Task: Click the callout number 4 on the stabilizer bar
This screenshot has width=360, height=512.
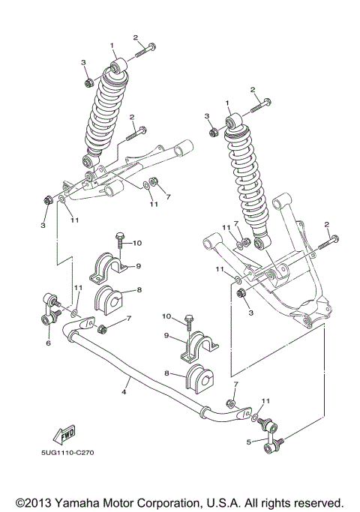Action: (x=124, y=392)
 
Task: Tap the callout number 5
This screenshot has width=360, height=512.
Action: (x=249, y=442)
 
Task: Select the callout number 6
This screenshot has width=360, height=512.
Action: (x=48, y=343)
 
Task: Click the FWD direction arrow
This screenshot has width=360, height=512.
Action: (x=64, y=434)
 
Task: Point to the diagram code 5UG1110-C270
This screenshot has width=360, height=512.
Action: (x=67, y=453)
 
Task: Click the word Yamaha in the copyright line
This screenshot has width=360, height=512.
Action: (x=77, y=502)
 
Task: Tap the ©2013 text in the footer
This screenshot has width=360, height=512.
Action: (x=34, y=502)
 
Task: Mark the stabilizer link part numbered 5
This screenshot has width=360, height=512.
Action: (x=270, y=436)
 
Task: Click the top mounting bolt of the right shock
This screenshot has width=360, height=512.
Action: (x=261, y=106)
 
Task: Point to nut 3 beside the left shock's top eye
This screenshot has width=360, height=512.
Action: (x=88, y=83)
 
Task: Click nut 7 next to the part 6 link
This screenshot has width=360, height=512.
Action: (x=102, y=329)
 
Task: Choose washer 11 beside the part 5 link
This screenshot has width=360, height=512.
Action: (x=254, y=417)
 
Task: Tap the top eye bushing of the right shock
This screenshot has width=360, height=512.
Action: (x=234, y=121)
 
